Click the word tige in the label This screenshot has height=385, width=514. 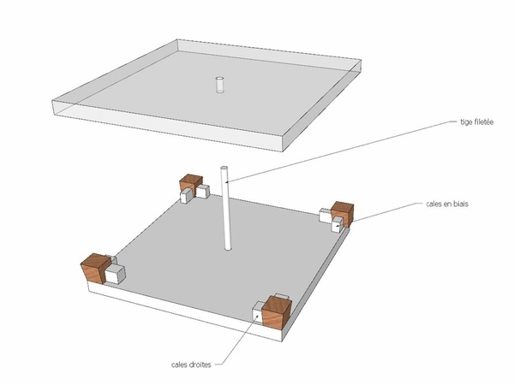tap(465, 122)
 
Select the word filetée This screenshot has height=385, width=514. tap(483, 121)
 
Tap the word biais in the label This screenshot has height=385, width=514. tap(460, 204)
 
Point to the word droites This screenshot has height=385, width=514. tap(200, 364)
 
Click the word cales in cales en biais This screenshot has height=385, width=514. tap(434, 204)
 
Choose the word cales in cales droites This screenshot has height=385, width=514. tap(179, 364)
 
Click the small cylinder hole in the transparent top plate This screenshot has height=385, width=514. tap(219, 85)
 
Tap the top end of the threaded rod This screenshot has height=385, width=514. tap(224, 169)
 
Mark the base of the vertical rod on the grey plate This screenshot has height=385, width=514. tap(228, 248)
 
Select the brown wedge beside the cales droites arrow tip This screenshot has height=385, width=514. tap(277, 311)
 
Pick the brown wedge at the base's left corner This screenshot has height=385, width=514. tap(95, 269)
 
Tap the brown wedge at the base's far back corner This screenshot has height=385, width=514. tap(191, 185)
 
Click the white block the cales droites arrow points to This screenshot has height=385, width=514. tap(258, 315)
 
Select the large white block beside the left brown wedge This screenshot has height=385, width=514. tap(115, 274)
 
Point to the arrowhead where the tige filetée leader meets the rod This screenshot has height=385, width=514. tap(228, 181)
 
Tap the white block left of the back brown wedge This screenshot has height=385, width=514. tap(187, 196)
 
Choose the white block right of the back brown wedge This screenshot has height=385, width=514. tap(202, 192)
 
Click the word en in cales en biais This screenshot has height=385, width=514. tap(447, 204)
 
